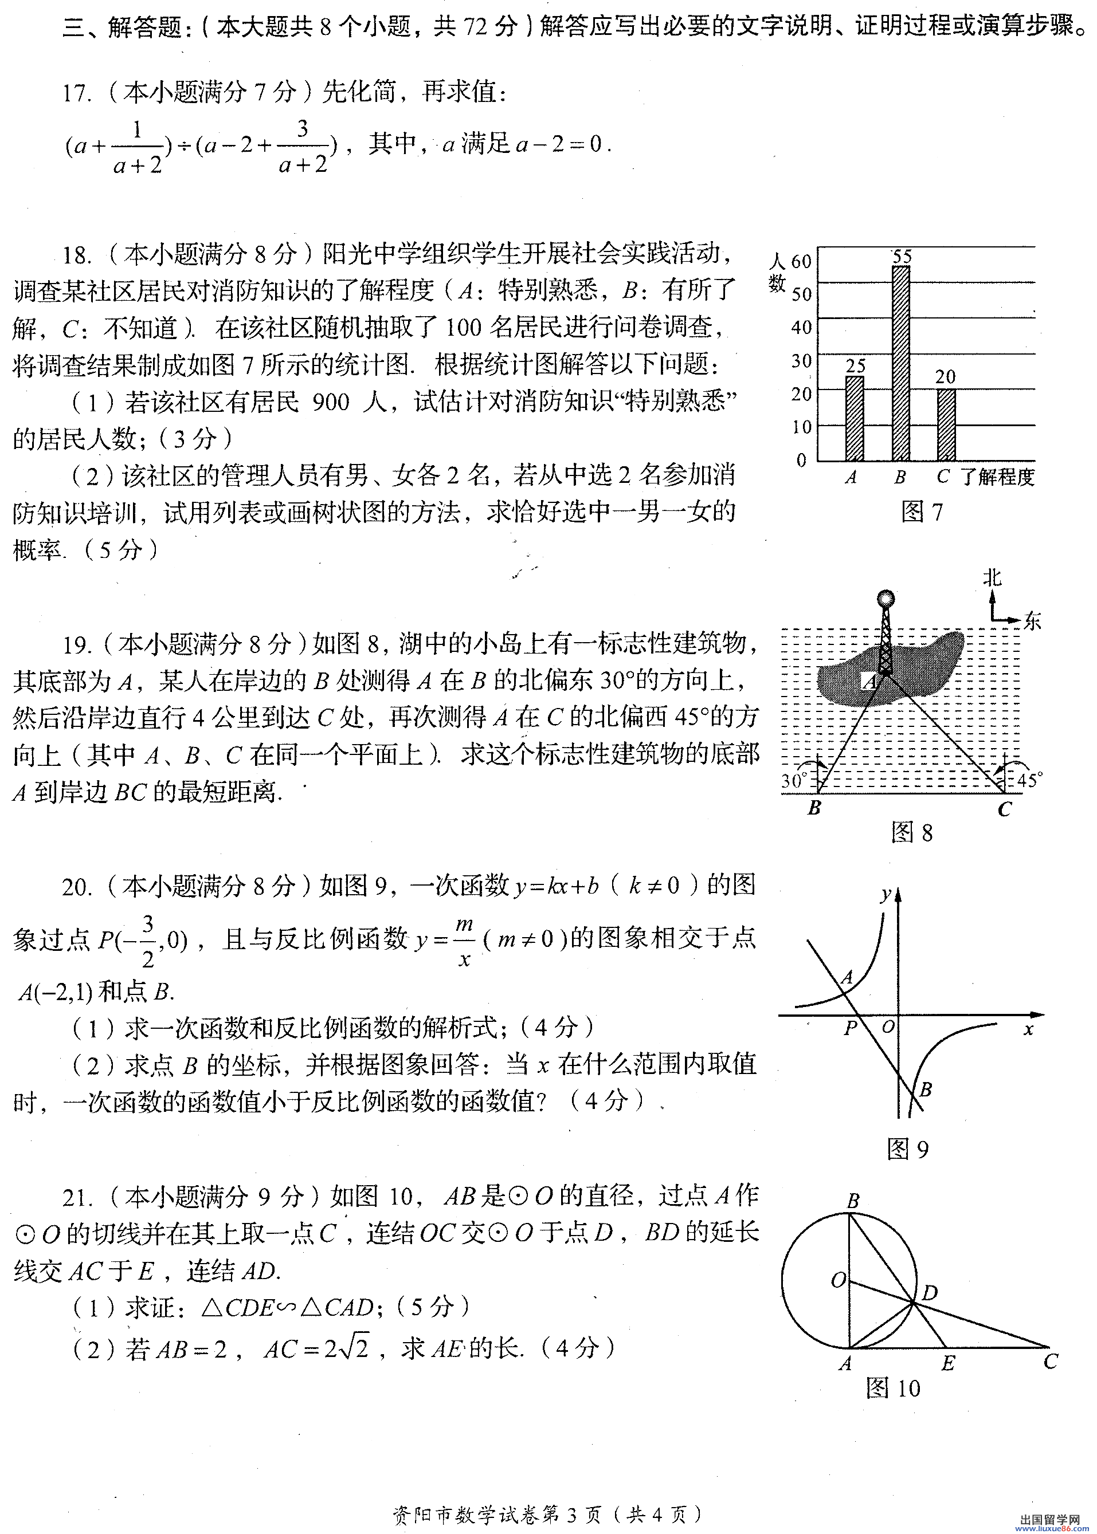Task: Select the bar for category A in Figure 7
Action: pyautogui.click(x=855, y=419)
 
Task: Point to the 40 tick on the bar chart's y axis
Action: pyautogui.click(x=801, y=328)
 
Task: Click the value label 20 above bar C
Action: pyautogui.click(x=946, y=377)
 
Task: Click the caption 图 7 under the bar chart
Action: pyautogui.click(x=922, y=512)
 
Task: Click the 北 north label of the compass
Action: pyautogui.click(x=992, y=578)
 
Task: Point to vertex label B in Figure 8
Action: pyautogui.click(x=814, y=808)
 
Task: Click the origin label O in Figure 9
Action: pyautogui.click(x=888, y=1027)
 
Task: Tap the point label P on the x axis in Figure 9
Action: pyautogui.click(x=851, y=1028)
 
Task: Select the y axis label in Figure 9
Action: pyautogui.click(x=885, y=896)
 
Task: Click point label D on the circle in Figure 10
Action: pyautogui.click(x=930, y=1292)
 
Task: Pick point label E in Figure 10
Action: pyautogui.click(x=948, y=1363)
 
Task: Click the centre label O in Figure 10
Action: pyautogui.click(x=839, y=1280)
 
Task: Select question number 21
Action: pyautogui.click(x=76, y=1198)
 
